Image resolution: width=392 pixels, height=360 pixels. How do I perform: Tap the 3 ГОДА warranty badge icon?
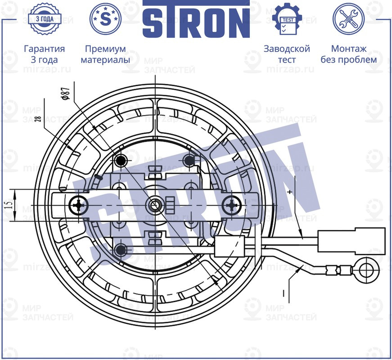tap(44, 19)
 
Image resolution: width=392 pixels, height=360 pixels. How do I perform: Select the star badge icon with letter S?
tap(105, 19)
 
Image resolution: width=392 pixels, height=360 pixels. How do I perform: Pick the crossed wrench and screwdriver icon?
tap(348, 19)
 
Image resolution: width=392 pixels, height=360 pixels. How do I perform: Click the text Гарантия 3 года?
tap(44, 54)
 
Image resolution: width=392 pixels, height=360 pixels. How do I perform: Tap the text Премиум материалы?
tap(105, 54)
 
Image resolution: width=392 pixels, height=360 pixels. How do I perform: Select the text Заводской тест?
tap(287, 54)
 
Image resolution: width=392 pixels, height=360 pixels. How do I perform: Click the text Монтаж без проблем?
tap(348, 54)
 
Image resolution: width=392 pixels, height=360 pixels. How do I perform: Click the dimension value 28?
tap(37, 119)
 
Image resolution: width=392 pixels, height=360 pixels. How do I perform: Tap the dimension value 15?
tap(9, 206)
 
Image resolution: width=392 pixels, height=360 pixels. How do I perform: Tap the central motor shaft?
tap(155, 205)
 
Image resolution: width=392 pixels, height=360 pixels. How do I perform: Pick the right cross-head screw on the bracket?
tap(232, 206)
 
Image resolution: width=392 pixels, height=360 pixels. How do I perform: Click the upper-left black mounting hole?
tap(121, 160)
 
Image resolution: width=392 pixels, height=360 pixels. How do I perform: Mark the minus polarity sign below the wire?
tap(284, 293)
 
